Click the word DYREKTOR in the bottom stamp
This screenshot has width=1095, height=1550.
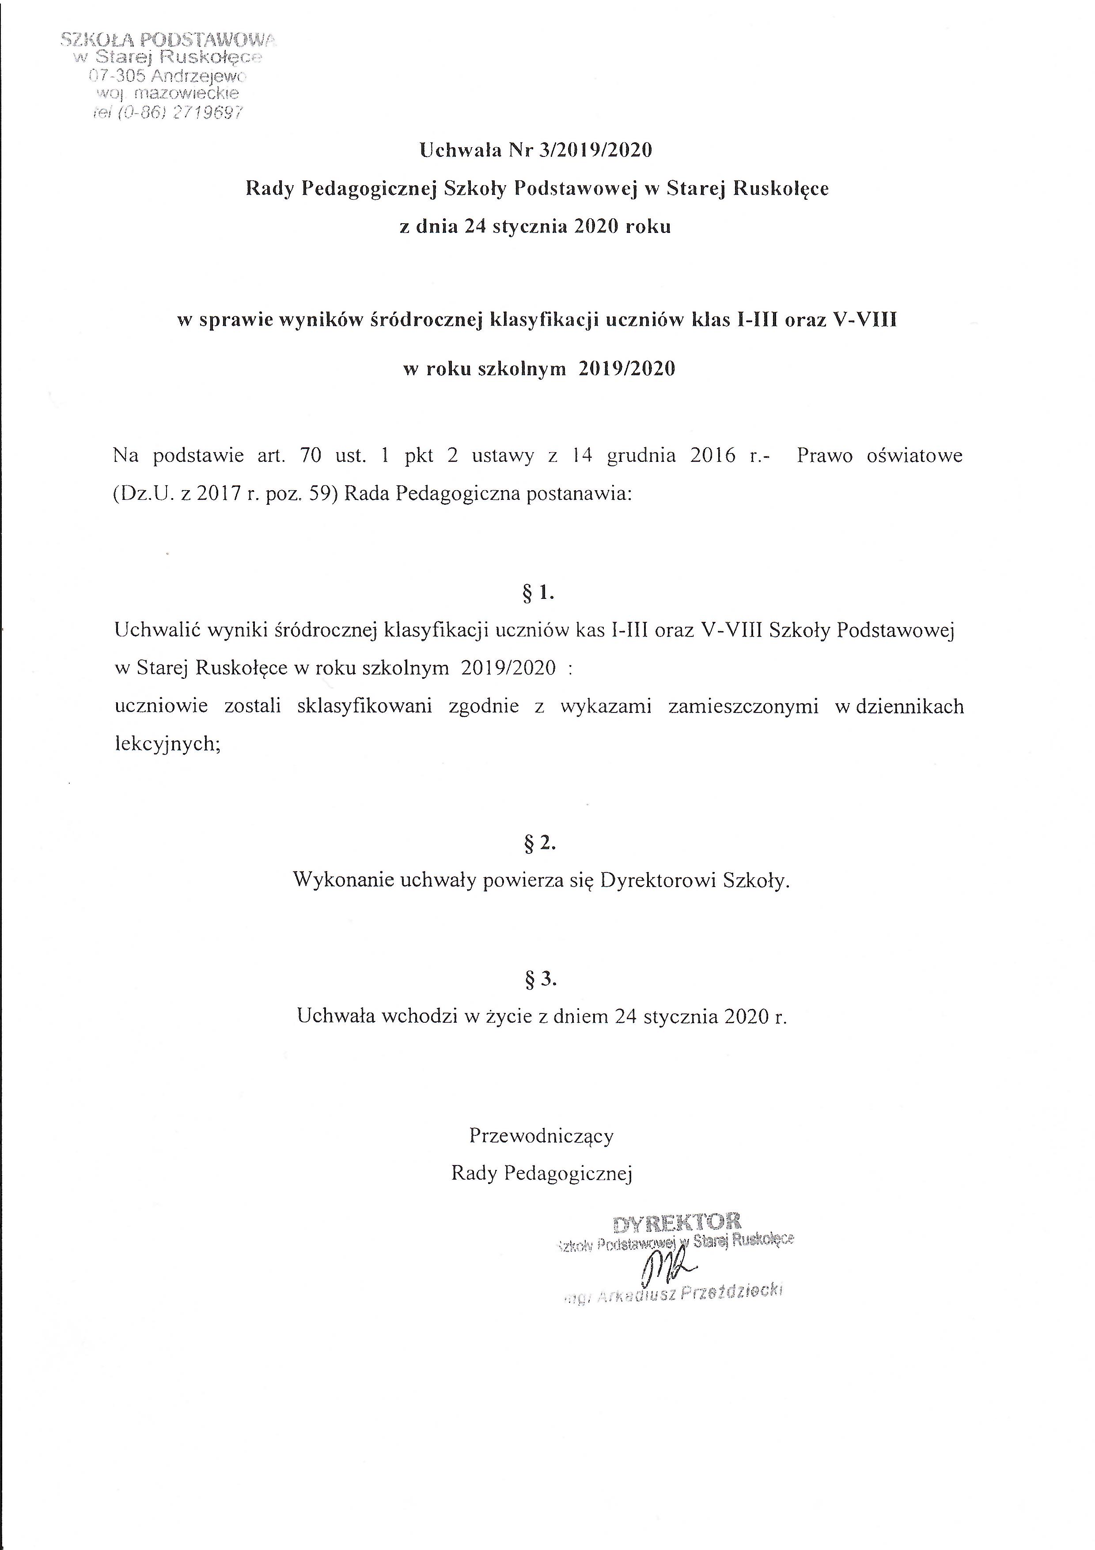click(x=677, y=1222)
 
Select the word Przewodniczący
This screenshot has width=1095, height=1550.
click(x=541, y=1135)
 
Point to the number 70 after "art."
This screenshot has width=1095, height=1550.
click(x=311, y=456)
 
